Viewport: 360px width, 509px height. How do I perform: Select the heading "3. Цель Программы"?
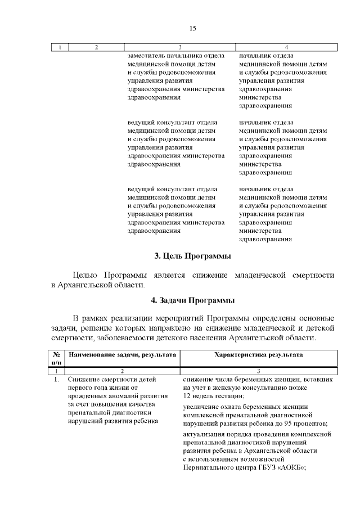point(193,256)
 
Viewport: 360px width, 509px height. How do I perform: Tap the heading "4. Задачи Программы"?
point(193,300)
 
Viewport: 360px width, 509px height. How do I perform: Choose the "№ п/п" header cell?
point(56,359)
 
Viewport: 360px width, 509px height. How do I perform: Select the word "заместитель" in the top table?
point(146,56)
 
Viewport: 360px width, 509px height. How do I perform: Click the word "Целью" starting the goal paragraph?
point(86,275)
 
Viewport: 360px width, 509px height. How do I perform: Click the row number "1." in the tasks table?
point(56,380)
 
